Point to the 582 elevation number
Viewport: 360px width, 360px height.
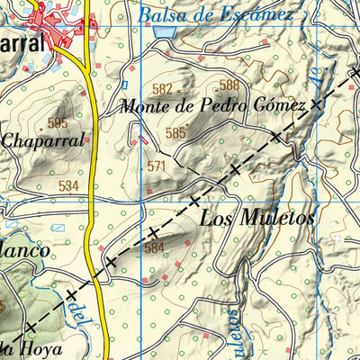tap(162, 88)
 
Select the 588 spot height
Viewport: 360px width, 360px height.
tap(229, 85)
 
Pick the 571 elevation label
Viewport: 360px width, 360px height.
tap(157, 166)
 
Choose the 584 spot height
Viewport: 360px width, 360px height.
tap(155, 247)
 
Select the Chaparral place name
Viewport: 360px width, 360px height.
tap(42, 139)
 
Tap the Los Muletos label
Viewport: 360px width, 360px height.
tap(257, 218)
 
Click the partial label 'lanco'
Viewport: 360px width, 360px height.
tap(24, 251)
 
